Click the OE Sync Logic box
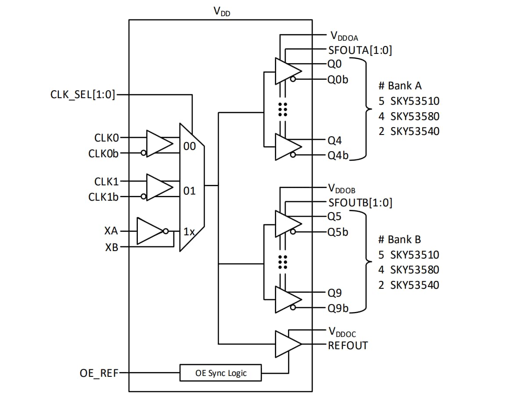point(221,373)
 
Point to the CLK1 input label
point(107,181)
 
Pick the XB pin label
point(111,247)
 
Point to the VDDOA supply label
point(344,35)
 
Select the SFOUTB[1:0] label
point(360,202)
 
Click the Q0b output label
point(338,80)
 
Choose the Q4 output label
point(335,140)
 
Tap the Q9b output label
point(338,308)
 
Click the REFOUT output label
point(348,345)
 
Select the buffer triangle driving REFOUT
point(287,344)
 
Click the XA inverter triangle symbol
point(149,231)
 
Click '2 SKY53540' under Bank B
point(408,285)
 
